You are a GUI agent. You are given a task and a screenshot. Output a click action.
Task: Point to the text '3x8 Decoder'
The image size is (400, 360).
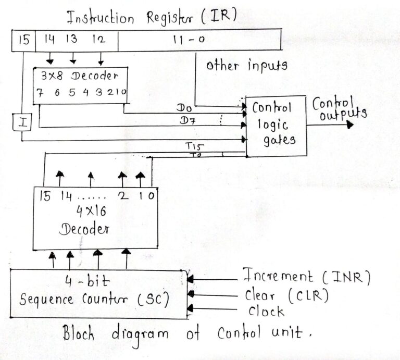[80, 76]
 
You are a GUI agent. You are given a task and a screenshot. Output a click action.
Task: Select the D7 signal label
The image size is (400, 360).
[184, 120]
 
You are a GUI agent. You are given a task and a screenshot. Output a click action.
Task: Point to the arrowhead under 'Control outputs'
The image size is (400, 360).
[349, 125]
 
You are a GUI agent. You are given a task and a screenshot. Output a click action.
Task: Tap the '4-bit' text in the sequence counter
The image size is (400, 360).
[83, 282]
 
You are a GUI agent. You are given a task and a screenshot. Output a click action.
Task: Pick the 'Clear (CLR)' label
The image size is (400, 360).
[286, 295]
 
